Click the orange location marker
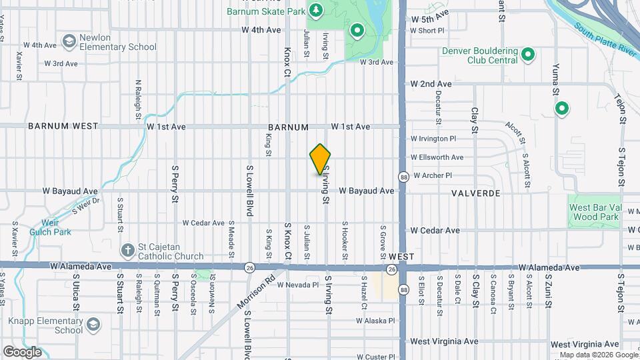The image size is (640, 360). click(x=321, y=159)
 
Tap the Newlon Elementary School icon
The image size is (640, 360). click(x=69, y=42)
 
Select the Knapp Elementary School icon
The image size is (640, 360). click(x=93, y=325)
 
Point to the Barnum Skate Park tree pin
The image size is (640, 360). click(x=317, y=11)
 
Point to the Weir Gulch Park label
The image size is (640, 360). click(x=51, y=227)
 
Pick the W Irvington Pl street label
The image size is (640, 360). click(x=433, y=139)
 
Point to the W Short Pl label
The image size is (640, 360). click(x=427, y=31)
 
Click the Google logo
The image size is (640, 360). click(x=22, y=352)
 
